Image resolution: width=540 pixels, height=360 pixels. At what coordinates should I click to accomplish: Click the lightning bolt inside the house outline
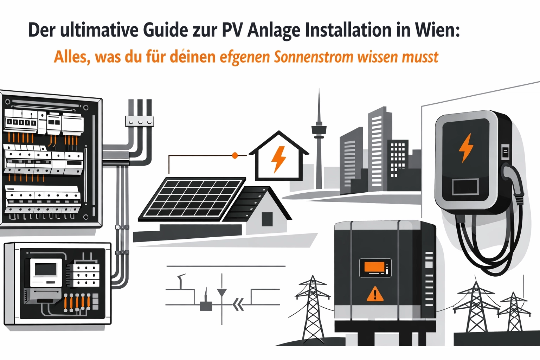278,159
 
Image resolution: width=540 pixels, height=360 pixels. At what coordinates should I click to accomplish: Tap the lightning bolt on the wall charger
466,147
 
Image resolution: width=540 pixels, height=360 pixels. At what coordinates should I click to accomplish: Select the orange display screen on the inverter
375,268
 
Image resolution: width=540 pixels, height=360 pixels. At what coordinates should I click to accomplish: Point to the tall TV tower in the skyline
319,141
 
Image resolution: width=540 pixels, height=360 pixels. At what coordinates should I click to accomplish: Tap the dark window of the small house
267,219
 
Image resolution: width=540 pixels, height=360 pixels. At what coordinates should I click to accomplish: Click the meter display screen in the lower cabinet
45,270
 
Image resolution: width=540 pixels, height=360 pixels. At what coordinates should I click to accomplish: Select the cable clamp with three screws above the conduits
140,121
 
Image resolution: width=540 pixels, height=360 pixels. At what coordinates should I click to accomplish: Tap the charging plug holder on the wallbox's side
506,152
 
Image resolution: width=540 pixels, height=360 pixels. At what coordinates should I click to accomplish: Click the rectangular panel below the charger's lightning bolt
465,187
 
